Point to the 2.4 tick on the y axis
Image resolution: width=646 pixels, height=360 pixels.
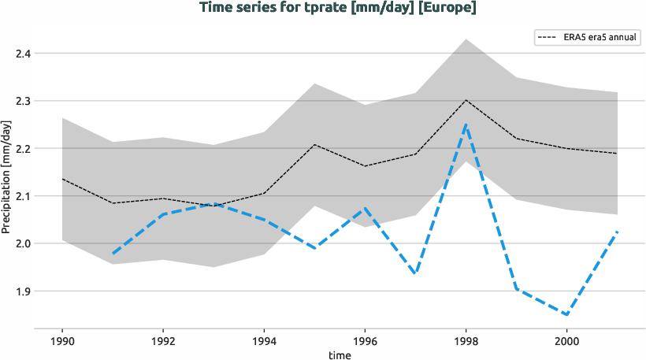tap(23, 54)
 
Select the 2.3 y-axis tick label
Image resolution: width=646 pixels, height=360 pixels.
tap(23, 101)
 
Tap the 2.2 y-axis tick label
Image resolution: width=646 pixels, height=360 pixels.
tap(23, 148)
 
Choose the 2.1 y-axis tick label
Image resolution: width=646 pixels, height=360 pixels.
tap(23, 196)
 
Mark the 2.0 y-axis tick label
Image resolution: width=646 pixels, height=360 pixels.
tap(23, 243)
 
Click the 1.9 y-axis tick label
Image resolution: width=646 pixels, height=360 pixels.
tap(23, 291)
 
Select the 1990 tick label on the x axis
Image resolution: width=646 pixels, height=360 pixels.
tap(62, 342)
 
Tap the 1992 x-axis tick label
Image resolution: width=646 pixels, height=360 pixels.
tap(163, 342)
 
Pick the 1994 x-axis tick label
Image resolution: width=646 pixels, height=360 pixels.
tap(264, 342)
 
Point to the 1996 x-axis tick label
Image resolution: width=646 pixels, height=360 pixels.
tap(365, 342)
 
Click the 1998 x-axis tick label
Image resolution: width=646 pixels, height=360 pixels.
tap(466, 342)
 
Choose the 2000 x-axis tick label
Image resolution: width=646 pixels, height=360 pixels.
tap(566, 342)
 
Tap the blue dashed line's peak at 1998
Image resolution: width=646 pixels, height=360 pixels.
tap(466, 124)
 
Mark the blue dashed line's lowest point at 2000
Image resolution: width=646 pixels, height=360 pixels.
tap(566, 314)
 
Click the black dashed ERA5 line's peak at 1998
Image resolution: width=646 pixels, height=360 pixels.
tap(466, 100)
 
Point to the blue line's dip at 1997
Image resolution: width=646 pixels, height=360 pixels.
tap(415, 273)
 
